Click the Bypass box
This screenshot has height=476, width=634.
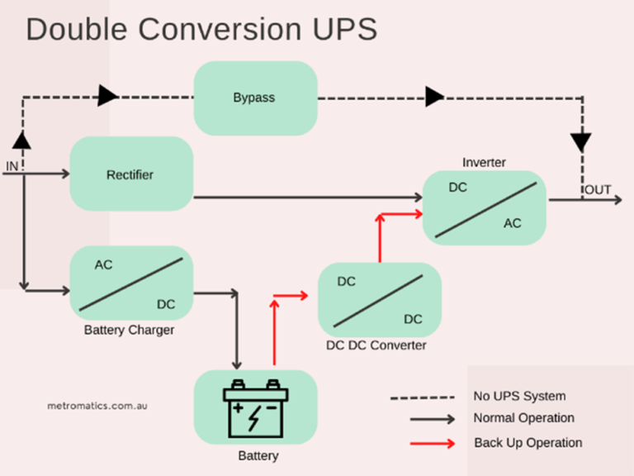[254, 98]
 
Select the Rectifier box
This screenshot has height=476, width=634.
[130, 174]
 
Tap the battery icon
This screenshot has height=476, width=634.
[255, 407]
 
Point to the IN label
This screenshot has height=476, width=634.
[12, 166]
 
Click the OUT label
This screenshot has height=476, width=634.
[598, 190]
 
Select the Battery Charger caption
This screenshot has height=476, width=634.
[129, 331]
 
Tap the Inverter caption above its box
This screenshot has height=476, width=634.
[484, 162]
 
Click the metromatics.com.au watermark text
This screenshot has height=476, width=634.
[97, 406]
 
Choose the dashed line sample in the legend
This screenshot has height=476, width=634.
[423, 397]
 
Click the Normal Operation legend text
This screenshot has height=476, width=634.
[523, 418]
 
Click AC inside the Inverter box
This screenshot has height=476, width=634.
[513, 223]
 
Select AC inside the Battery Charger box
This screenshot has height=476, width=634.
[103, 264]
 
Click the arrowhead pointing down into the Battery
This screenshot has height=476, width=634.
[238, 364]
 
